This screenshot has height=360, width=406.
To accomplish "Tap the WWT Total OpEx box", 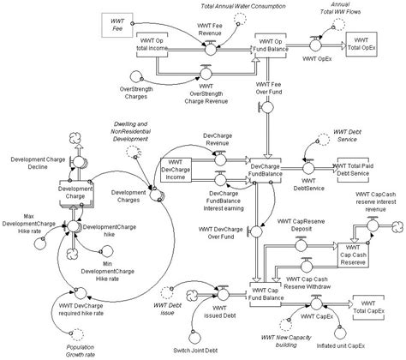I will [x=363, y=45].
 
